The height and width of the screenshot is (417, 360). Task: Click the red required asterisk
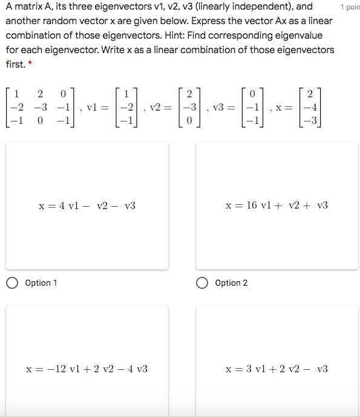tap(30, 64)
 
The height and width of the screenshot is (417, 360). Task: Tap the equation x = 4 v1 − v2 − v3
tap(87, 206)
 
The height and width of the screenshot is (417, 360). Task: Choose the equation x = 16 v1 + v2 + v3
tap(277, 206)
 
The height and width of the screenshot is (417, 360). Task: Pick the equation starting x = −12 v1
tap(87, 369)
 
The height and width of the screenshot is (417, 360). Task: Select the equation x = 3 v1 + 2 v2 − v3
tap(277, 369)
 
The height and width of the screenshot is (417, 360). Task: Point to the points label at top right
tap(350, 7)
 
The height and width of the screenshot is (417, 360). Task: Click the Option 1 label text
tap(41, 283)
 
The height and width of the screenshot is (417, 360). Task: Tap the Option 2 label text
tap(231, 283)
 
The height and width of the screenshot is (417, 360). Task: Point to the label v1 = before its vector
tap(98, 107)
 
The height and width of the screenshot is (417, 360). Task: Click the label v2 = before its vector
tap(160, 107)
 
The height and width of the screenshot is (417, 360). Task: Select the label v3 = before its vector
tap(221, 107)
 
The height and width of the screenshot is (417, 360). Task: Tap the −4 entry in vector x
tap(309, 107)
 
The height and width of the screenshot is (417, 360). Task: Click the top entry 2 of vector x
tap(310, 94)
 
